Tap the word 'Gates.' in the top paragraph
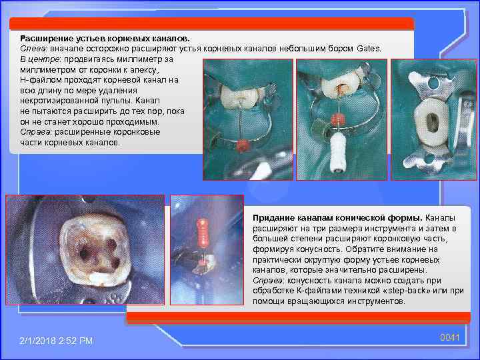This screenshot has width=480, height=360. (x=369, y=49)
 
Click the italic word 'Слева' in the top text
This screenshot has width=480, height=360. (x=33, y=49)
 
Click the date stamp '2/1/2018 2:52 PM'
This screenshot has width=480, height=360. (x=56, y=341)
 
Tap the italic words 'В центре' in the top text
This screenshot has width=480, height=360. (x=38, y=59)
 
